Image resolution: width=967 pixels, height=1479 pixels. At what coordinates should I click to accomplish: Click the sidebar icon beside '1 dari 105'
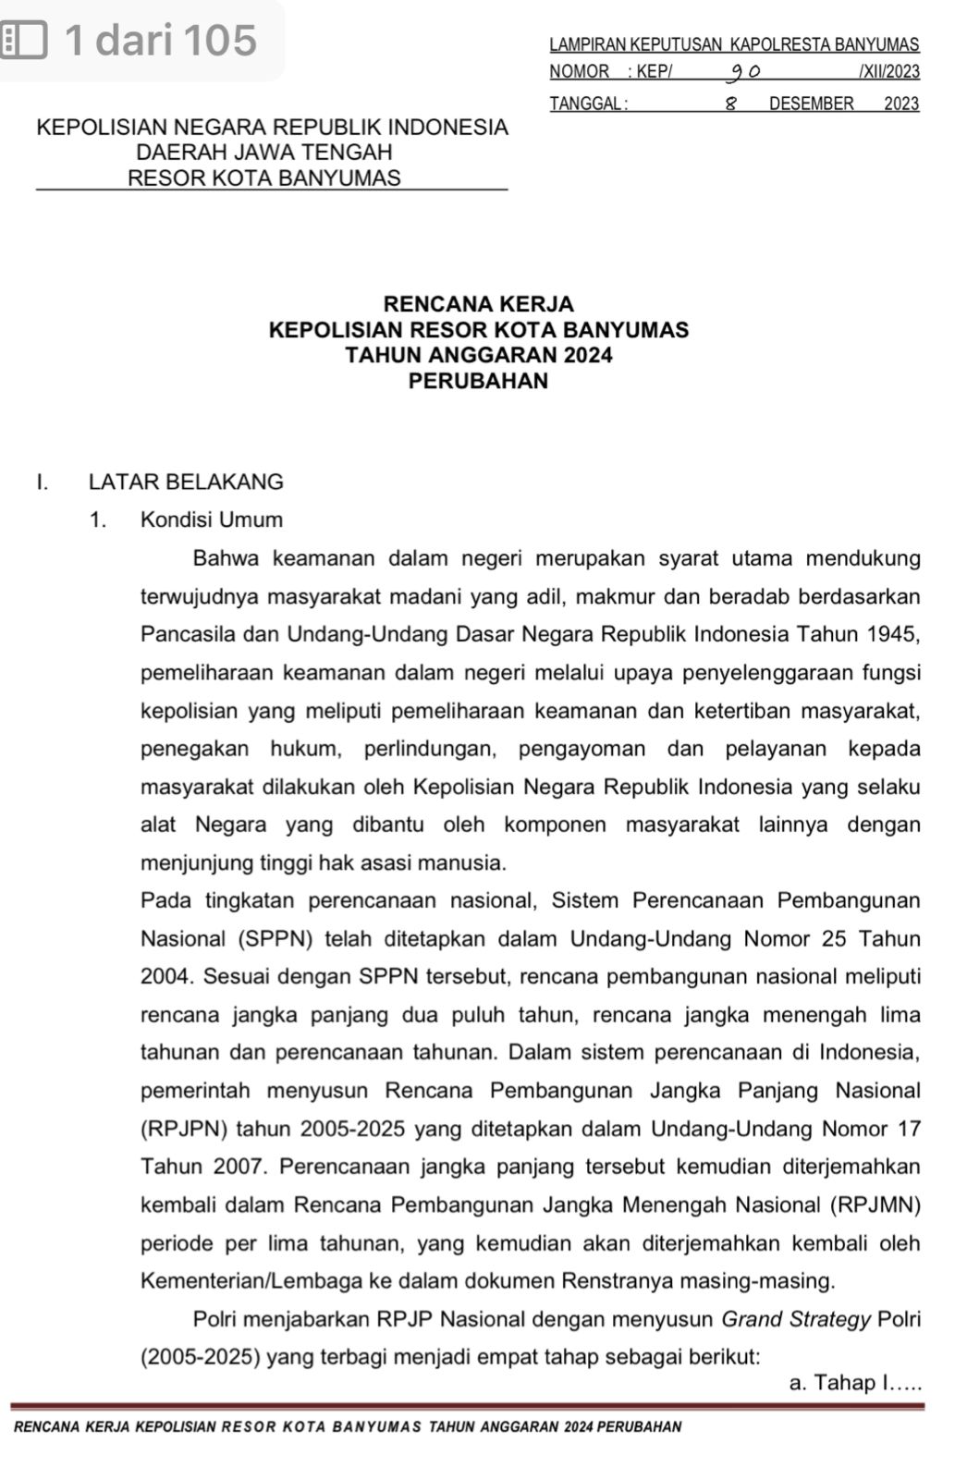point(24,41)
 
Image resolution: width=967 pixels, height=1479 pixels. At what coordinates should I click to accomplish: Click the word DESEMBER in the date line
point(811,104)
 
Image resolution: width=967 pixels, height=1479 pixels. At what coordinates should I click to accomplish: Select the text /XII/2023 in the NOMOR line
point(888,71)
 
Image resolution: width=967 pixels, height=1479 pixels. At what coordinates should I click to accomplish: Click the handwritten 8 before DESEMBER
point(729,104)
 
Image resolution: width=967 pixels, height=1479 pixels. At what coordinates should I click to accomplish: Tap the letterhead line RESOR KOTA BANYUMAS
point(264,177)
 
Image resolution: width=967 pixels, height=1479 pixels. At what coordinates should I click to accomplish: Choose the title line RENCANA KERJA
point(478,303)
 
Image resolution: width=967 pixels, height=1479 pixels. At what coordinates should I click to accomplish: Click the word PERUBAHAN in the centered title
point(478,381)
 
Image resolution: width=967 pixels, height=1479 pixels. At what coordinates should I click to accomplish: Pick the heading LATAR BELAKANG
point(186,482)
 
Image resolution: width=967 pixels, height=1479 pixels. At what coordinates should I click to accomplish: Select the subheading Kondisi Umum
point(212,519)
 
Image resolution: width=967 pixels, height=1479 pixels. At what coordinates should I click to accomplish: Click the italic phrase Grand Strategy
point(796,1319)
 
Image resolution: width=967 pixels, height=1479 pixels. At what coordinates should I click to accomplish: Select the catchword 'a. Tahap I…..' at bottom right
point(855,1383)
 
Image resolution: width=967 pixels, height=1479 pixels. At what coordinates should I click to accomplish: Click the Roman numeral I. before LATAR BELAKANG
point(42,482)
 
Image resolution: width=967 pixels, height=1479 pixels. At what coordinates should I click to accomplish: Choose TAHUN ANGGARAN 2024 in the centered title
point(478,355)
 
